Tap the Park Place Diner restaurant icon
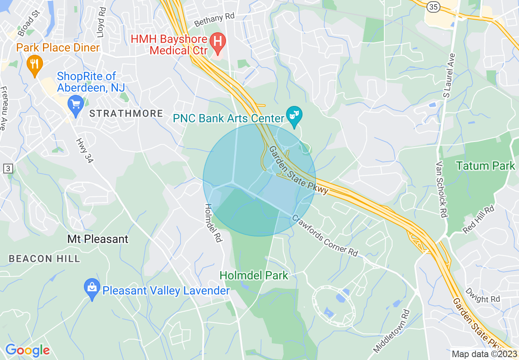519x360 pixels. (35, 64)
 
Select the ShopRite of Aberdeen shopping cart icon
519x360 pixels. (75, 104)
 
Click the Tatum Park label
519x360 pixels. (485, 166)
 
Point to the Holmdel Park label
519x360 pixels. (254, 275)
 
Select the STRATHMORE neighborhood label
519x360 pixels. (126, 114)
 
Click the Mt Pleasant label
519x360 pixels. (98, 239)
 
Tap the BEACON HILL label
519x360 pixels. (44, 259)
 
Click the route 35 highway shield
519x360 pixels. (433, 7)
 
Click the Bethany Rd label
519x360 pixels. (214, 19)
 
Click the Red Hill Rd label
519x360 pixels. (478, 220)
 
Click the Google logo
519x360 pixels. (27, 350)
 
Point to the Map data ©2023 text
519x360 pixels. (483, 354)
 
